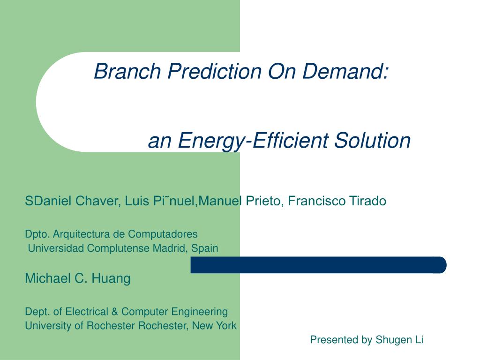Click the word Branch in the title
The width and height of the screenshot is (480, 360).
(x=127, y=71)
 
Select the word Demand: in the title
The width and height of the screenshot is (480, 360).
(x=345, y=71)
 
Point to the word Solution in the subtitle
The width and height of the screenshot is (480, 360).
(x=372, y=140)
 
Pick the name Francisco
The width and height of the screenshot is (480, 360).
(x=316, y=201)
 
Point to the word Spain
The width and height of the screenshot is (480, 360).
(x=204, y=248)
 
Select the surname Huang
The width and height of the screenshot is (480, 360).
(x=111, y=279)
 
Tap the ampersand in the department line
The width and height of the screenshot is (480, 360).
(x=115, y=312)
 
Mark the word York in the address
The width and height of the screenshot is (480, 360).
(x=226, y=326)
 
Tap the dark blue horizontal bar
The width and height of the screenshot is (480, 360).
(x=318, y=265)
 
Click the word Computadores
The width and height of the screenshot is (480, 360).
(x=163, y=234)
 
